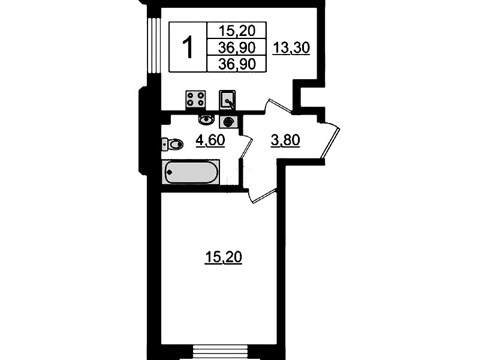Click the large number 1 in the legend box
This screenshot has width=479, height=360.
pos(188,47)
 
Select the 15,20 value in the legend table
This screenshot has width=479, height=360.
pos(237,31)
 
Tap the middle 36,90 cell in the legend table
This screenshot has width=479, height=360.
pos(237,47)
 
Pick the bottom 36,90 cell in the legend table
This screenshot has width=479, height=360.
pos(237,64)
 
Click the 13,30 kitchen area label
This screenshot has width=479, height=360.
pos(291,48)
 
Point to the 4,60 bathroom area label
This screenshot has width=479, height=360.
pos(210,140)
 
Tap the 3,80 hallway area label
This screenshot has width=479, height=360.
pos(285,140)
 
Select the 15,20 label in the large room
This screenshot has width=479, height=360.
pos(223,257)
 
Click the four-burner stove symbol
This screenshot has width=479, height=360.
pos(195,100)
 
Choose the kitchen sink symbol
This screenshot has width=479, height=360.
pos(227,100)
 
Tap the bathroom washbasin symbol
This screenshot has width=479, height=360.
pos(206,119)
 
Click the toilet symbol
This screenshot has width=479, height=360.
pos(172,144)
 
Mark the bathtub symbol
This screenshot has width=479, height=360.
pos(191,172)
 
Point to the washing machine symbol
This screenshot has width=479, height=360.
pos(228,122)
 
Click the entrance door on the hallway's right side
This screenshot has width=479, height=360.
pos(330,141)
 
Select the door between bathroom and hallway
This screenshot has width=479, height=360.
pos(246,148)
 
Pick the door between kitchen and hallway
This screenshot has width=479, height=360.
pos(278,106)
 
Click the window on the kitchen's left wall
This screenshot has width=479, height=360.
pos(154,46)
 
